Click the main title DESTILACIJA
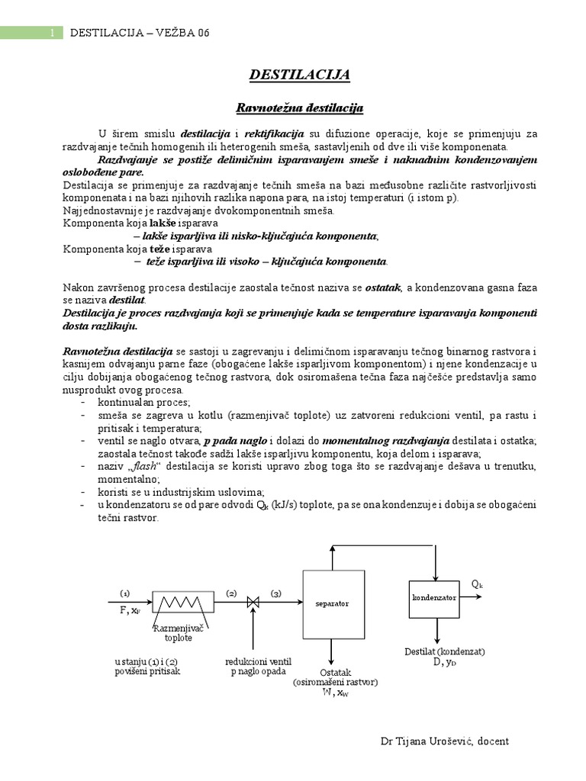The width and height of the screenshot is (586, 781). pos(300,74)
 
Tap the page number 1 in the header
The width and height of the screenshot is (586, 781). pos(51,33)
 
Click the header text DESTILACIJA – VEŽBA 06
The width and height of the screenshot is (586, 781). pos(139,33)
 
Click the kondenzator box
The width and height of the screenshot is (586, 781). pos(434,597)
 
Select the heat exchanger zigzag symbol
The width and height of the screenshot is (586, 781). pos(180,603)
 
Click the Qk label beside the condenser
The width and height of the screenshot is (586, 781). pos(477,584)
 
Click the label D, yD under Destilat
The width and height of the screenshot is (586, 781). pos(435,662)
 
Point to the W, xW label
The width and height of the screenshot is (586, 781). pos(335,693)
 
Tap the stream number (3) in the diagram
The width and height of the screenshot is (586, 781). pos(275,593)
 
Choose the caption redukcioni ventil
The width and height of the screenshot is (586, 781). pos(258,660)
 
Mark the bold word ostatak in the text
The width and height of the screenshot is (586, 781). pos(386,287)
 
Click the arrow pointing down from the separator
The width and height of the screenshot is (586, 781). pos(330,653)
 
